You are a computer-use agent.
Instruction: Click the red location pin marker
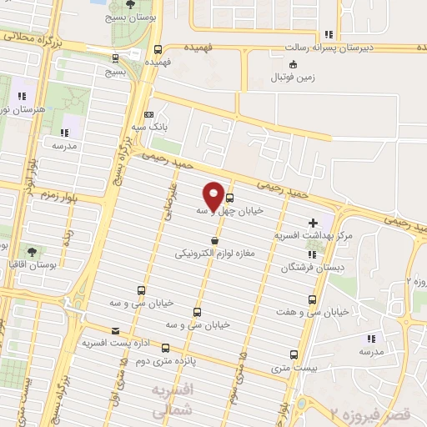tap(213, 194)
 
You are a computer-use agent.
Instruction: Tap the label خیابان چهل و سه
tap(229, 211)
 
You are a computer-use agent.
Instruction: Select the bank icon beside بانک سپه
tap(149, 114)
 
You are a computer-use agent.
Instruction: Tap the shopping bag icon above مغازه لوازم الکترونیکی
tap(215, 241)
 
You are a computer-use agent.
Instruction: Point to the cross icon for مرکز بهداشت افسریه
tap(313, 223)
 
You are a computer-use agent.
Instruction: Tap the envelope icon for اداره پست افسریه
tap(115, 331)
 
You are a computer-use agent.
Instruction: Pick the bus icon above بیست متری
tap(293, 354)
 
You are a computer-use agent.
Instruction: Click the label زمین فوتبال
tap(292, 78)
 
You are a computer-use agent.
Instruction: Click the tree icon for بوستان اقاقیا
tap(32, 249)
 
